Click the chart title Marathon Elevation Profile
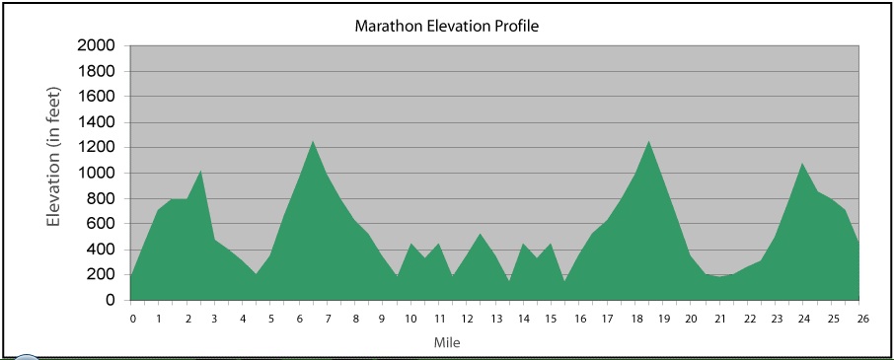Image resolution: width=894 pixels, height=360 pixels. [x=446, y=26]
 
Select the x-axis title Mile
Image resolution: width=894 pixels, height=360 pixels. [x=446, y=343]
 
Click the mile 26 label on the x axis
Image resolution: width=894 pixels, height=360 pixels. [x=862, y=319]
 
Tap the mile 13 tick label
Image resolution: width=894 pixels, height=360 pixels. [x=497, y=319]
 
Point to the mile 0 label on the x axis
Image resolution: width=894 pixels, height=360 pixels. [x=132, y=319]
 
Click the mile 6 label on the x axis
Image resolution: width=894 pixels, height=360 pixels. [x=301, y=319]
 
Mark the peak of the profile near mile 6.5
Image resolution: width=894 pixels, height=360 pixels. [x=313, y=141]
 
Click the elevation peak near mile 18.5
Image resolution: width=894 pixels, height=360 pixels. [x=649, y=141]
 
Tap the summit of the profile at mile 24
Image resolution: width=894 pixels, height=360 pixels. [x=803, y=164]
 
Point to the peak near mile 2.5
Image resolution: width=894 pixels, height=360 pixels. [x=201, y=171]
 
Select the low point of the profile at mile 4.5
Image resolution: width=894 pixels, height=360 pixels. [x=257, y=274]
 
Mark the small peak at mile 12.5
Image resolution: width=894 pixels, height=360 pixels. [x=481, y=234]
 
